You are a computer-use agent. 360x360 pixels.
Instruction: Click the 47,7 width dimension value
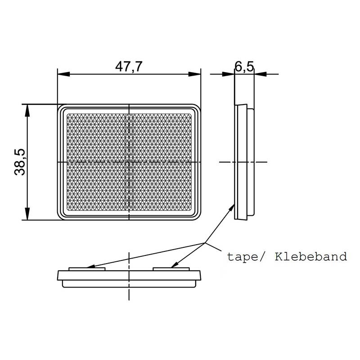(x=129, y=67)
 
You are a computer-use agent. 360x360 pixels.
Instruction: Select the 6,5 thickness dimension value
(x=244, y=67)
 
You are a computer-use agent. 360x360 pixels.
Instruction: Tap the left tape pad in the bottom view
(x=87, y=269)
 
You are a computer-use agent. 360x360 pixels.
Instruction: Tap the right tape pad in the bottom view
(x=172, y=269)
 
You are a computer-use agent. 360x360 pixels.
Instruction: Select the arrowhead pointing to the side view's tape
(x=233, y=206)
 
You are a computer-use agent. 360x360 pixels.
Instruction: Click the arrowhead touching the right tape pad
(x=174, y=266)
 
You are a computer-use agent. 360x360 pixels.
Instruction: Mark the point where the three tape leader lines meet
(x=206, y=243)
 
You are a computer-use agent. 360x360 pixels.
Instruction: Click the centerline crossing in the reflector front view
(x=130, y=162)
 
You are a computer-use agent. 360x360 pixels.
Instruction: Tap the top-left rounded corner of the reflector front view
(x=61, y=108)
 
